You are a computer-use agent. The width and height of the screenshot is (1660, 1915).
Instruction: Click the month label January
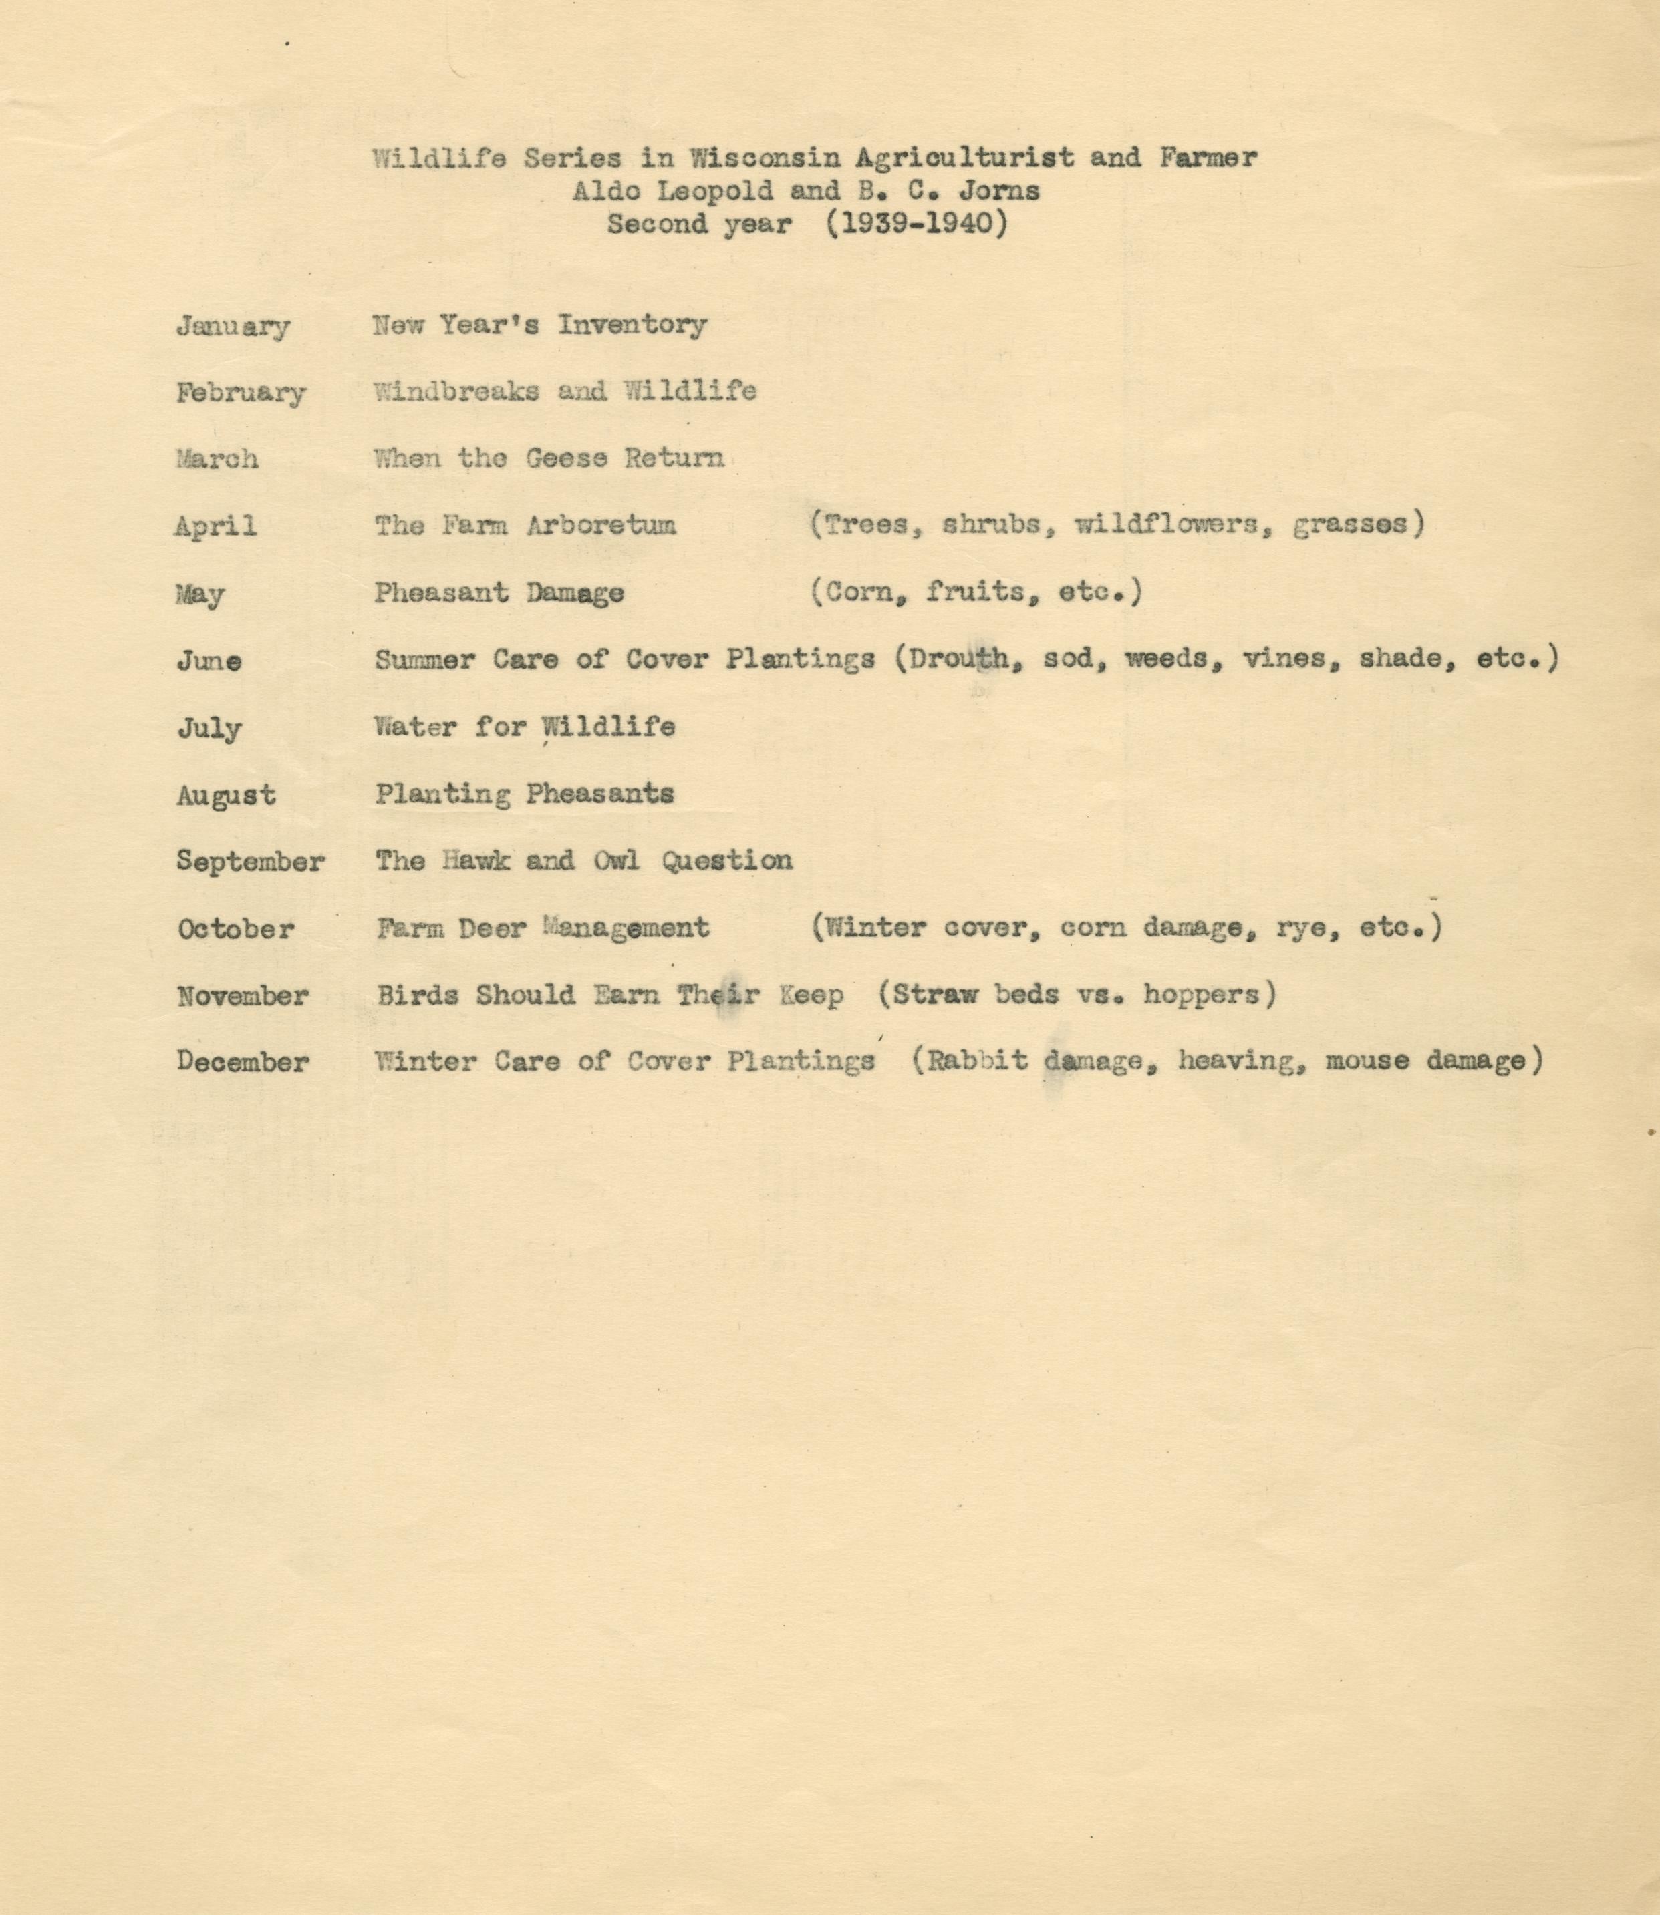click(233, 327)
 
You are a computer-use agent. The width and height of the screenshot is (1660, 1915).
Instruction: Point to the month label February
click(241, 393)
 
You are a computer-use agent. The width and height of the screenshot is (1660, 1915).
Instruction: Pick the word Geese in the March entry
click(566, 458)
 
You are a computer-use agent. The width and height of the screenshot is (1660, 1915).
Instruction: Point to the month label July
click(209, 729)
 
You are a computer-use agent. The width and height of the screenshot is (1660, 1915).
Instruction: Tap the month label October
click(235, 929)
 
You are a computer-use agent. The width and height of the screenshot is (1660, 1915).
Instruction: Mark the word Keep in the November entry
click(810, 995)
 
